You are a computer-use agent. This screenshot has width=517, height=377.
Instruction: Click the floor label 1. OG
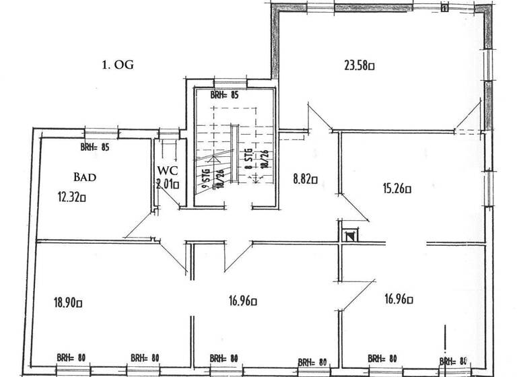tap(118, 65)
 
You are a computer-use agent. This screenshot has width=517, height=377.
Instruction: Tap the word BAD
tap(85, 177)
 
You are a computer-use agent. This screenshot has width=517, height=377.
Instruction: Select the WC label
tap(166, 170)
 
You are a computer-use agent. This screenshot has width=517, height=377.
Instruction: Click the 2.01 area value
tap(166, 183)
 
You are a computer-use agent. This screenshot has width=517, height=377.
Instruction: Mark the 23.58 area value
tap(359, 65)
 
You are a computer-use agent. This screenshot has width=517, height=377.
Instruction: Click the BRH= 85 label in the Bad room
tap(94, 146)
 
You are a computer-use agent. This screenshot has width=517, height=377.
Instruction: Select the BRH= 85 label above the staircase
tap(224, 96)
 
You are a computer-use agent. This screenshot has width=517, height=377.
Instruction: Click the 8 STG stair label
tap(248, 160)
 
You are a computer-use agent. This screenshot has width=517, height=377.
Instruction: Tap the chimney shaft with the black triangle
tap(349, 236)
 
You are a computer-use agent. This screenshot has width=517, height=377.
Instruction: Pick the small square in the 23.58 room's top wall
tap(444, 8)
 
